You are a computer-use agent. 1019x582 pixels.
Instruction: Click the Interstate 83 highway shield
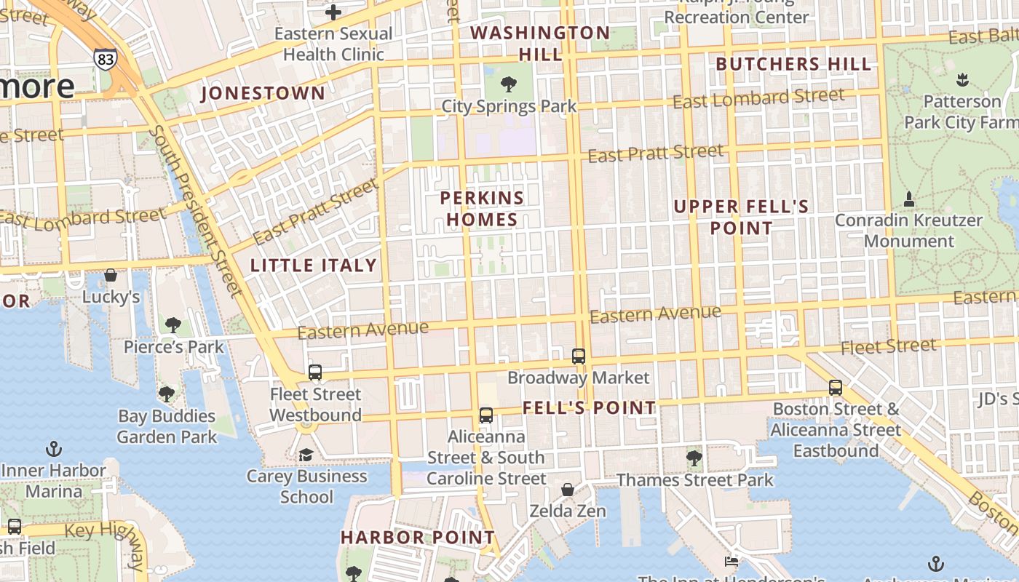[105, 59]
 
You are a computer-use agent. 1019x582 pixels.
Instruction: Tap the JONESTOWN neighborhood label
[263, 93]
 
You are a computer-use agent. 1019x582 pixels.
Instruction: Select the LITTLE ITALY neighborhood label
[314, 266]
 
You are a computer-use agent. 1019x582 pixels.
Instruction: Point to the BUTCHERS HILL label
[793, 64]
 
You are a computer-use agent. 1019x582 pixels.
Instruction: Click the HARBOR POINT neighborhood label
[418, 538]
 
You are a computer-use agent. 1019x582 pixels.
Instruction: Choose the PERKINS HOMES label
[482, 209]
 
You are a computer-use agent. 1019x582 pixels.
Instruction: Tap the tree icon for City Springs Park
[509, 84]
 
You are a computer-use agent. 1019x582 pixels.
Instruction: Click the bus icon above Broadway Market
[579, 356]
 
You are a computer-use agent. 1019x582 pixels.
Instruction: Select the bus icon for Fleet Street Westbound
[315, 372]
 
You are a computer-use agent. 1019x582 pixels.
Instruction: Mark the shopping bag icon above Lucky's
[111, 275]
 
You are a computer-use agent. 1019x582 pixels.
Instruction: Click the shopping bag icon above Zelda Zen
[568, 490]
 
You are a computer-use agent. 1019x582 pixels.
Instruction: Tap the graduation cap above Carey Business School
[306, 455]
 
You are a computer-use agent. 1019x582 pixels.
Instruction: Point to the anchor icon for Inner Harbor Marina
[54, 448]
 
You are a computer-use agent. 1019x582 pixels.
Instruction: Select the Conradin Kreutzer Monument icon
[908, 199]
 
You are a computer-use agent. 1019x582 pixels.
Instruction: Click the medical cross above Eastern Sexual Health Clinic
[333, 12]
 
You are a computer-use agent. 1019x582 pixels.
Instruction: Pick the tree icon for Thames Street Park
[694, 458]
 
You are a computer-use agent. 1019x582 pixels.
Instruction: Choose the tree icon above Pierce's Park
[173, 325]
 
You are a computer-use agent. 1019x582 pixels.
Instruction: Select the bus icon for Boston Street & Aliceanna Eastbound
[836, 388]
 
